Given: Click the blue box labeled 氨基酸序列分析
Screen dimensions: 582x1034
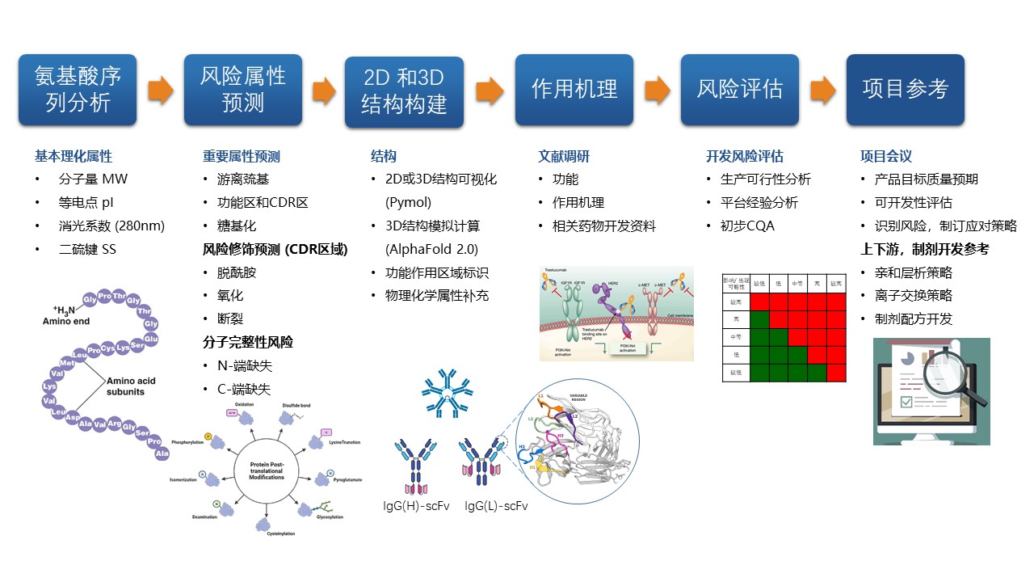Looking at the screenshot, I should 78,90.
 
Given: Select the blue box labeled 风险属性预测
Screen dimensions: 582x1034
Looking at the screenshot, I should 242,90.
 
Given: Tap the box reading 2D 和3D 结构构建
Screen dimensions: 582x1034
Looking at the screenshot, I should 404,92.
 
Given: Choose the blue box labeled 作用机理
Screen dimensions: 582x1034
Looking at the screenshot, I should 574,90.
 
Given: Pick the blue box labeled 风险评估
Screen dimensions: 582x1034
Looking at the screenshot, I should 739,90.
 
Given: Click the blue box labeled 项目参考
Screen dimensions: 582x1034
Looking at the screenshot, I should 905,90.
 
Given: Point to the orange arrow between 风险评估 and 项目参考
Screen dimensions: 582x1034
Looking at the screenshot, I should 822,90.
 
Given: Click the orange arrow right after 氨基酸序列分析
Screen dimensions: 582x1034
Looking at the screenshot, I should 160,90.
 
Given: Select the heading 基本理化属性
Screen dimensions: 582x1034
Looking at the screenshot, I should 74,156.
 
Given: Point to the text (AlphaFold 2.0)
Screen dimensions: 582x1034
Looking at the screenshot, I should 431,249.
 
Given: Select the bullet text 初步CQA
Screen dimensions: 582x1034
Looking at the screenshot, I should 747,226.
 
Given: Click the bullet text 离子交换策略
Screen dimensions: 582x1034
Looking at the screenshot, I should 914,295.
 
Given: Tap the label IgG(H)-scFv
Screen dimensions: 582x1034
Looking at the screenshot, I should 416,506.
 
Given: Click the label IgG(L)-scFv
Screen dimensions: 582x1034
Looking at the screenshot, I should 497,506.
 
